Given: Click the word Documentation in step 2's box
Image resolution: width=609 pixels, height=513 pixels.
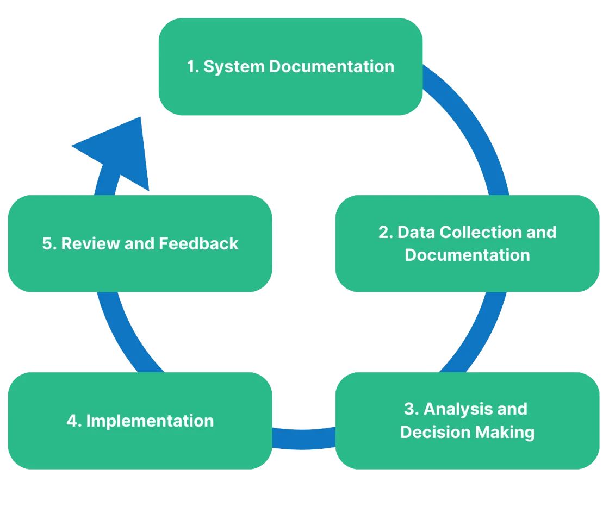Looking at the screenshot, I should point(467,255).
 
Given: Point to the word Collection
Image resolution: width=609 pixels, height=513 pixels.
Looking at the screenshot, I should point(469,232).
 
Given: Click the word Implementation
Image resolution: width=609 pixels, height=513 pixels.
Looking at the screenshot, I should point(150,421).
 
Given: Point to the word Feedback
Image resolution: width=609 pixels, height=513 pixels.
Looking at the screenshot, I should point(198,243).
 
